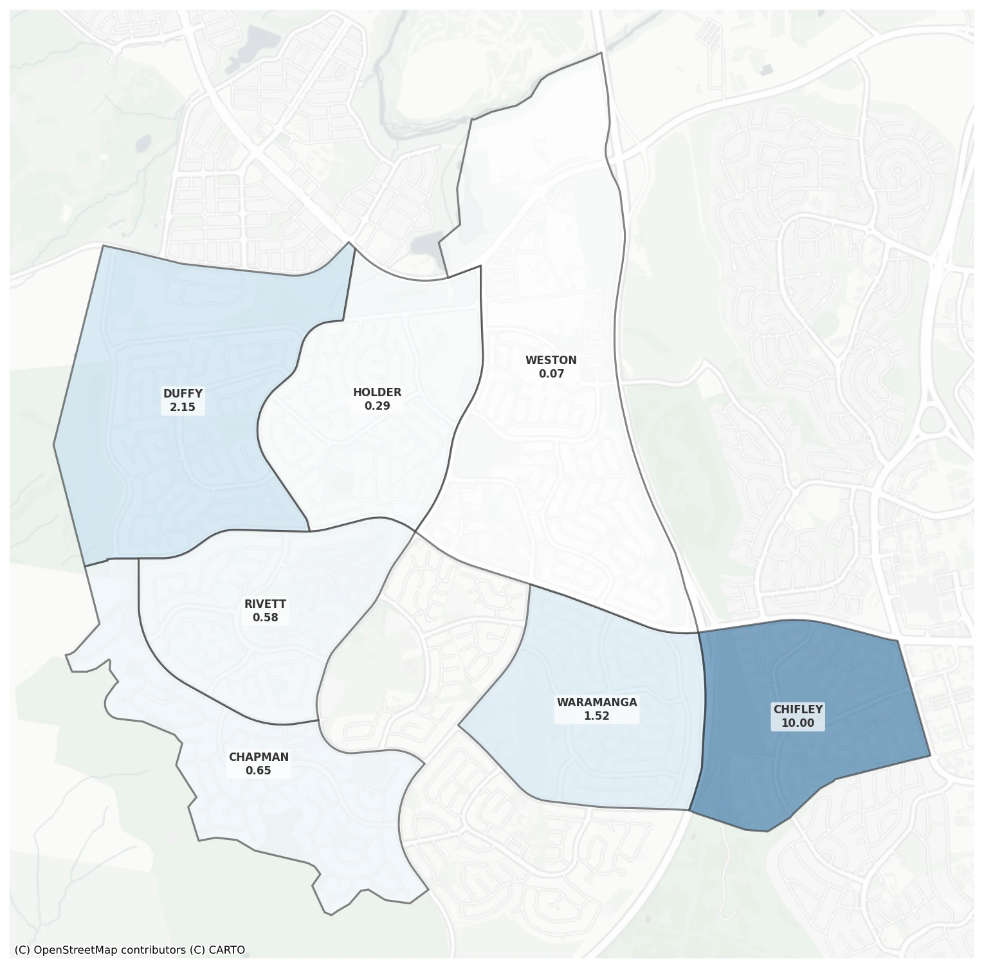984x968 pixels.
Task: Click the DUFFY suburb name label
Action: coord(183,394)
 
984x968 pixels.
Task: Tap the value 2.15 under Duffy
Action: coord(183,407)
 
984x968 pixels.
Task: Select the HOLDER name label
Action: coord(377,392)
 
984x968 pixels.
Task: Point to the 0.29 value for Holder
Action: coord(377,406)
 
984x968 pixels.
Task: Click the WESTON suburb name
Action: coord(551,360)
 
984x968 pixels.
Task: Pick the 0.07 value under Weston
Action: coord(551,374)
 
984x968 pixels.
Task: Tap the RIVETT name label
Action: coord(265,604)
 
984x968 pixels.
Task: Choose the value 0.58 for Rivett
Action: coord(265,617)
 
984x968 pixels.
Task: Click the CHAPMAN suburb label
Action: coord(259,757)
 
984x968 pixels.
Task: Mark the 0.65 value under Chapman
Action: coord(259,771)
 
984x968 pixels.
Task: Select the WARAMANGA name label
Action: coord(597,702)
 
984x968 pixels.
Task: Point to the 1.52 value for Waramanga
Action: coord(597,716)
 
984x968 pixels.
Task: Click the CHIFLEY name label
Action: coord(797,709)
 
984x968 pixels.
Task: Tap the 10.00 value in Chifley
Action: coord(797,723)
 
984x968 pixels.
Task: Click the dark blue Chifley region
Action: coord(836,675)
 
